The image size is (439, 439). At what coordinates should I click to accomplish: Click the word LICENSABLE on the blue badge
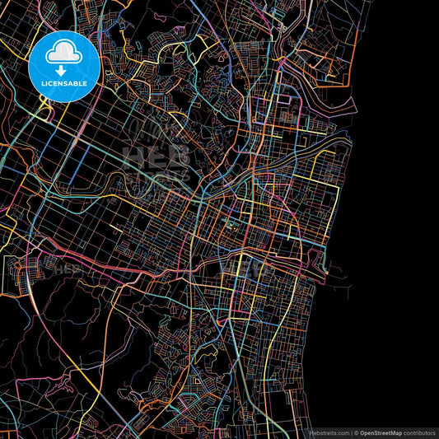(63, 83)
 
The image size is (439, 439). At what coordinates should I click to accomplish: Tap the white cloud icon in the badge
(63, 55)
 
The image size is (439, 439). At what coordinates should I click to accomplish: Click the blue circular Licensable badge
(63, 67)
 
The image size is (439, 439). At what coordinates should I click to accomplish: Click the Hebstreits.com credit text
(328, 432)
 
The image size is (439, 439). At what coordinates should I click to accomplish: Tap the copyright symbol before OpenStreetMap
(356, 432)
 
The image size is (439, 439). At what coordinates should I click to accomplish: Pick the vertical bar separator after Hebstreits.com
(350, 432)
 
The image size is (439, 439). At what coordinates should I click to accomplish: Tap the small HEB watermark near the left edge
(68, 269)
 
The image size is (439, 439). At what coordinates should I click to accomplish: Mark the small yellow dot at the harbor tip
(327, 271)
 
